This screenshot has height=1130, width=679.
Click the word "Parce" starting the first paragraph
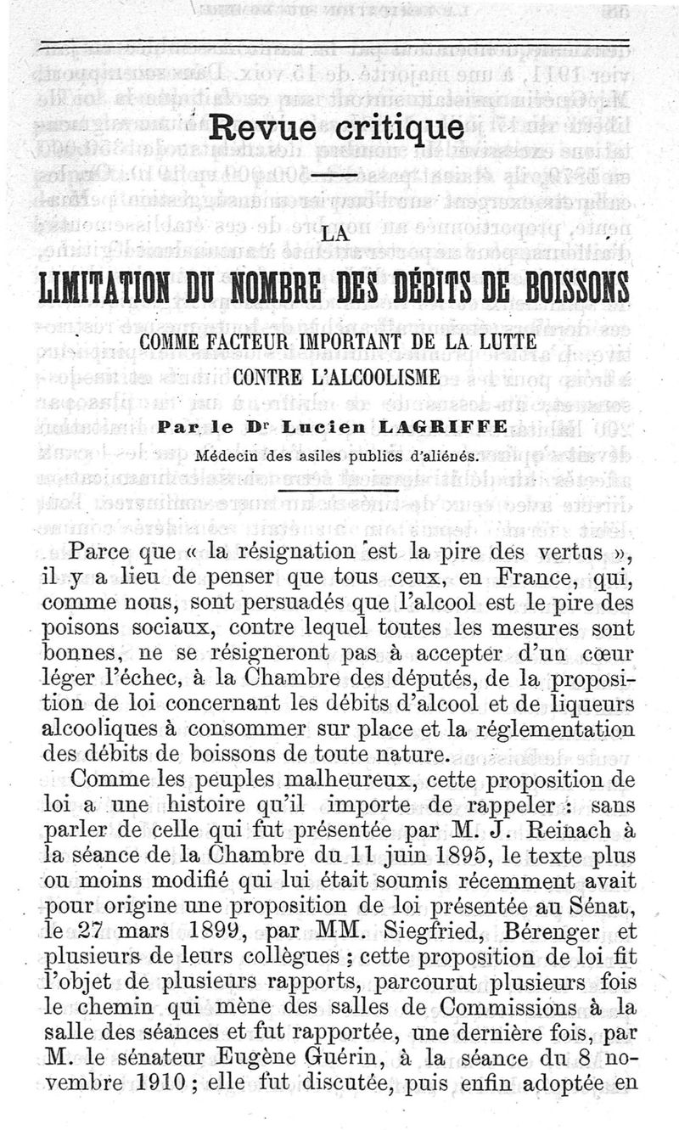(124, 550)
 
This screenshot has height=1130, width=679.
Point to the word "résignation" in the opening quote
(283, 550)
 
